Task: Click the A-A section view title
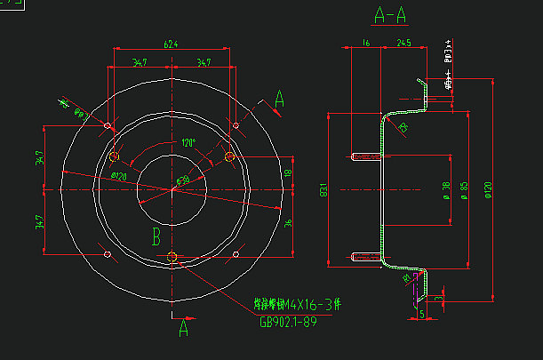tap(392, 15)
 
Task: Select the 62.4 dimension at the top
tap(170, 44)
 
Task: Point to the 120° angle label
tap(188, 142)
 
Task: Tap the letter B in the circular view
tap(156, 236)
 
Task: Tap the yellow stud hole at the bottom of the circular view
tap(172, 258)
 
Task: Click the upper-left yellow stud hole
tap(114, 156)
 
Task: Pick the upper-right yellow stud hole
tap(229, 156)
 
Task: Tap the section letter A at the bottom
tap(184, 328)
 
